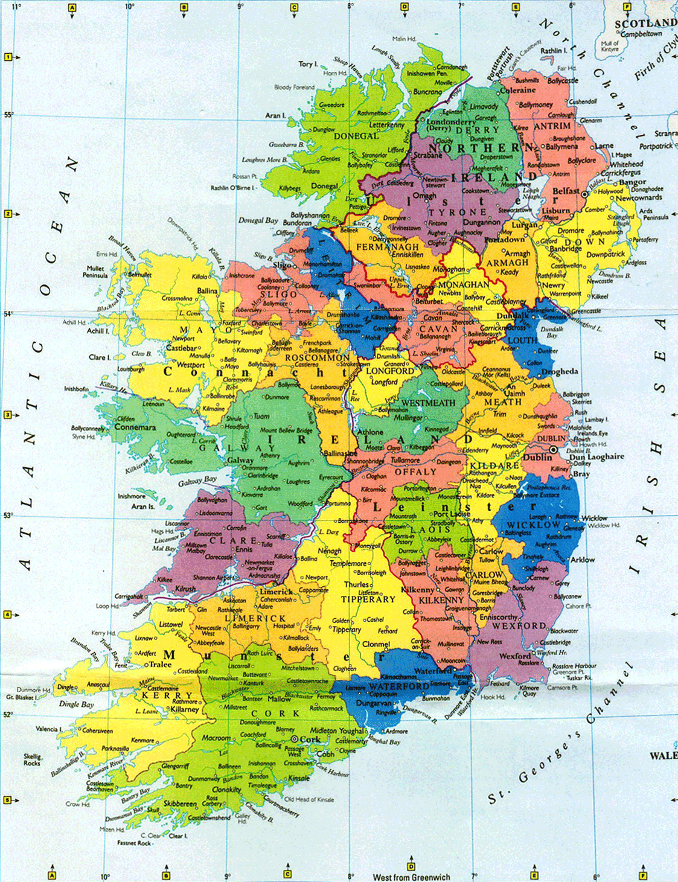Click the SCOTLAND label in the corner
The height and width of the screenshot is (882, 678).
coord(645,24)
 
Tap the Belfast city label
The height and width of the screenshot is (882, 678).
coord(566,191)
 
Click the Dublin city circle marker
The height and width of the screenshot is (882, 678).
coord(553,450)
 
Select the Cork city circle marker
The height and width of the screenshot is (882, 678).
coord(294,739)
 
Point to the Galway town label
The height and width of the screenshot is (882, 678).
coord(240,461)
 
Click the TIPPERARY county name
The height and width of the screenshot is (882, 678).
coord(368,599)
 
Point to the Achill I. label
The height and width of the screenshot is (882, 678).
coord(98,331)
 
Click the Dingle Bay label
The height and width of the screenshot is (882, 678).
coord(76,704)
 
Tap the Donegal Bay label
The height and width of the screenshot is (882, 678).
coord(258,220)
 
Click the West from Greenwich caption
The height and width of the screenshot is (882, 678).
coord(411,877)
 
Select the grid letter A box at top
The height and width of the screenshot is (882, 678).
coord(72,8)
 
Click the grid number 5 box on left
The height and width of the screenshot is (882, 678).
coord(8,801)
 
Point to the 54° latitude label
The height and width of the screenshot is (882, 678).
coord(8,314)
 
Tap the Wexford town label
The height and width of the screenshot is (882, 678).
coord(514,656)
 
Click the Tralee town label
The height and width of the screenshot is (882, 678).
coord(160,665)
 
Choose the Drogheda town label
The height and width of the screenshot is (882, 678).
coord(560,372)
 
